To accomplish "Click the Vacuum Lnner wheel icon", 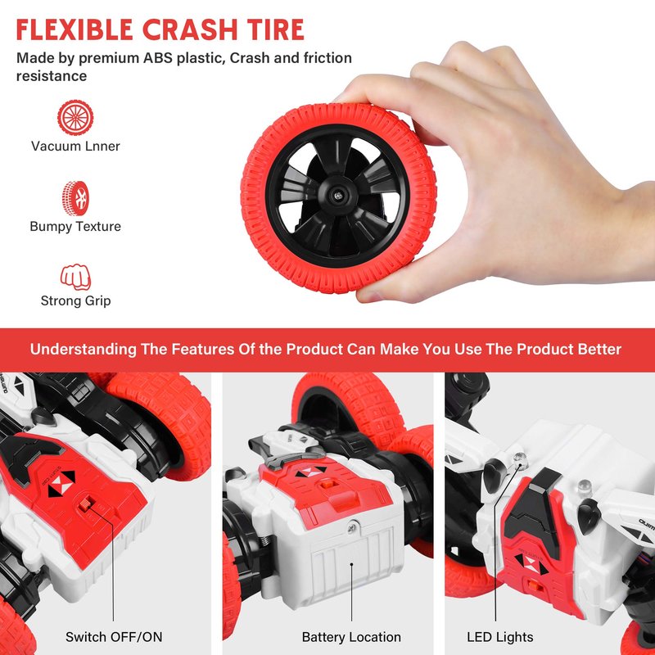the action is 75,117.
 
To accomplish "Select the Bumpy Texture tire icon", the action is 75,198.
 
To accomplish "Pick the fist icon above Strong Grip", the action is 75,277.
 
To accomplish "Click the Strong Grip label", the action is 75,300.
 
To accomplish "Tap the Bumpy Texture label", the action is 75,227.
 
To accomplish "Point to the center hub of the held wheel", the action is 337,196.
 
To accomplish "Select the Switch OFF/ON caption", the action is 114,637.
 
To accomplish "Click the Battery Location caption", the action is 351,637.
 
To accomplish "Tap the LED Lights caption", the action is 500,637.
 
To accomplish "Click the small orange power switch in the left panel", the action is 87,504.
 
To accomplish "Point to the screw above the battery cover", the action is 352,527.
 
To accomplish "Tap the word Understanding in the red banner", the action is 84,350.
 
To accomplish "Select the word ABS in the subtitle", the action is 158,57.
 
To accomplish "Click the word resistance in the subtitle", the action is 52,76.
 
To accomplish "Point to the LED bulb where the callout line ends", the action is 520,458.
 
